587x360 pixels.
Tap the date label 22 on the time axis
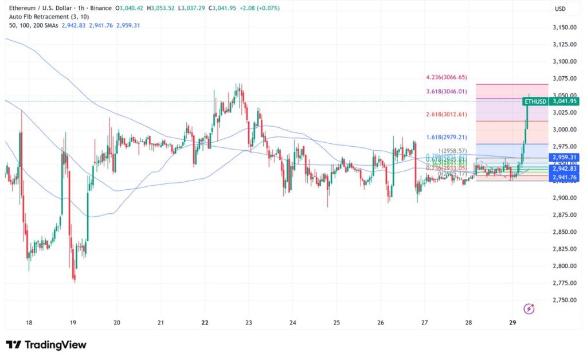pos(205,323)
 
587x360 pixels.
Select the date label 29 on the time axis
pos(513,323)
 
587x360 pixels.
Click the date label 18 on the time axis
pos(29,323)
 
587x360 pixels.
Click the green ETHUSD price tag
pos(536,101)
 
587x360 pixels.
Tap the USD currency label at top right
pos(559,9)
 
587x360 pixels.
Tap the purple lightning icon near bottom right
pos(529,309)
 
